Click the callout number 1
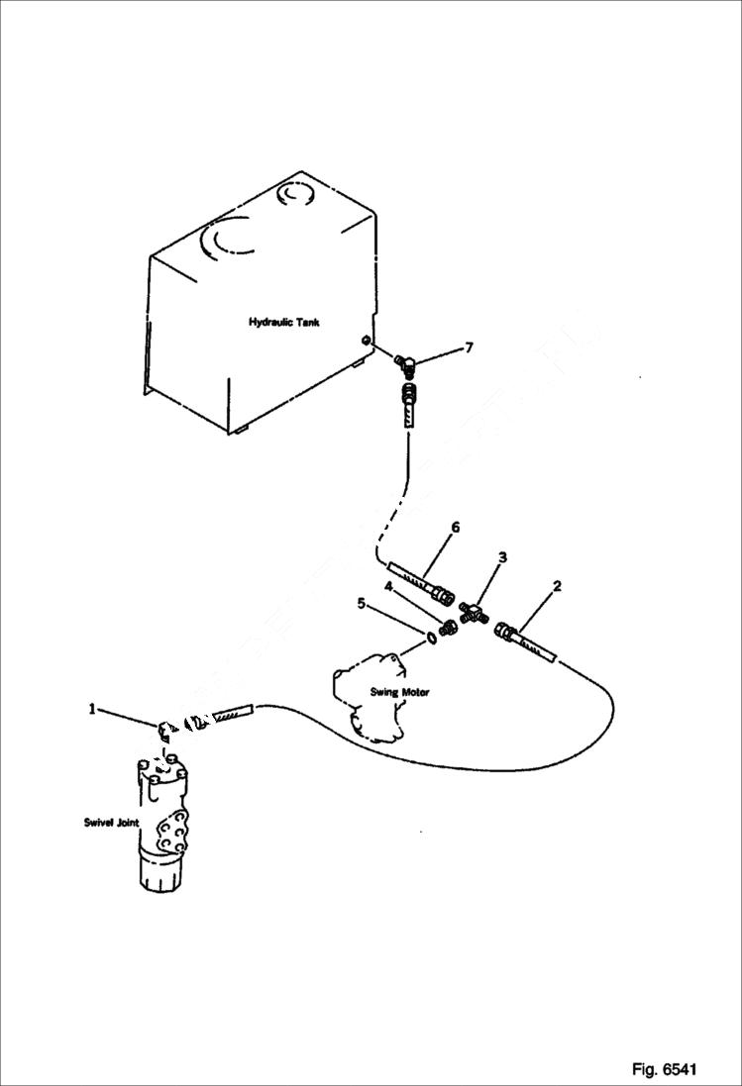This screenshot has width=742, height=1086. [x=92, y=708]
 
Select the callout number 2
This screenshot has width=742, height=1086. [x=557, y=586]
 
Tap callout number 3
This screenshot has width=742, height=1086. [x=502, y=557]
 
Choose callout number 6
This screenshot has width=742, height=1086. [x=456, y=528]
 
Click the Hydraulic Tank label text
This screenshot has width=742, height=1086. [x=283, y=323]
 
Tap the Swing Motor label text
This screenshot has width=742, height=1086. [x=399, y=692]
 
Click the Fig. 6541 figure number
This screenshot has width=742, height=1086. [x=665, y=1069]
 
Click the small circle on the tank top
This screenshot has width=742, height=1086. [x=295, y=195]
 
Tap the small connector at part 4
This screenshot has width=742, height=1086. [x=450, y=627]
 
